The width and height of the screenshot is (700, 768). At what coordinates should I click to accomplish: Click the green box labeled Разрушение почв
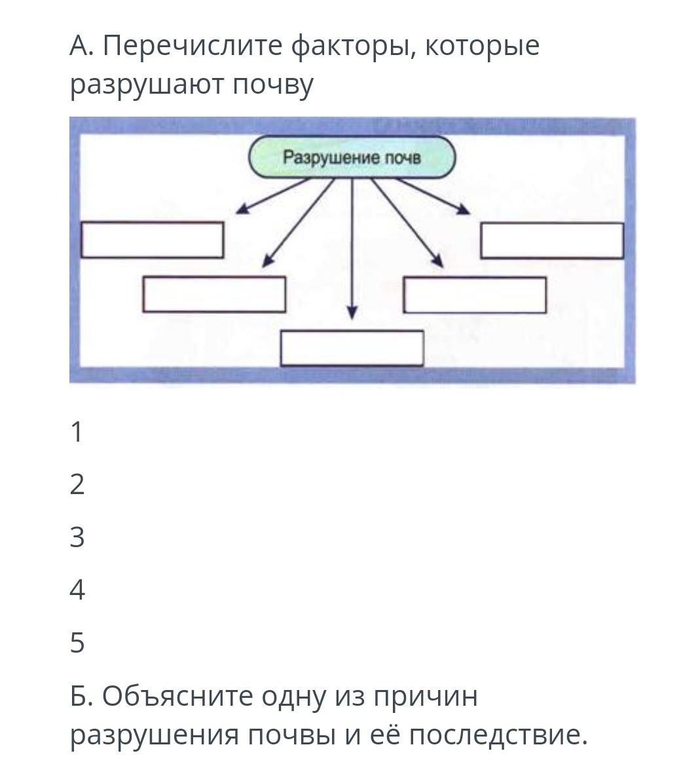pyautogui.click(x=352, y=158)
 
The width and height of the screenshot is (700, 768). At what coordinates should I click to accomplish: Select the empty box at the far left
pyautogui.click(x=152, y=240)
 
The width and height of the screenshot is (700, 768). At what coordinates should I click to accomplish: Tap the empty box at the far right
pyautogui.click(x=551, y=240)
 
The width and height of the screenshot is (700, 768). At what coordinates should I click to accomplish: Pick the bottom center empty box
pyautogui.click(x=352, y=348)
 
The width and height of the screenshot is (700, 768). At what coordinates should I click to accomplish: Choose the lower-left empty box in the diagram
pyautogui.click(x=214, y=294)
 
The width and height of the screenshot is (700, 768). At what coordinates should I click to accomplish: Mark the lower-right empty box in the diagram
pyautogui.click(x=475, y=295)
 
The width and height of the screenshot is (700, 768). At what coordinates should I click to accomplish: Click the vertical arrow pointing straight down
pyautogui.click(x=352, y=249)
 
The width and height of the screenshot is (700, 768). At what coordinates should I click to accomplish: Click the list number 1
pyautogui.click(x=77, y=432)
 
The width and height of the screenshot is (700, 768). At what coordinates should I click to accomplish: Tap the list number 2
pyautogui.click(x=77, y=485)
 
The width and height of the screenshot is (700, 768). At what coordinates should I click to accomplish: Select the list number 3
pyautogui.click(x=77, y=537)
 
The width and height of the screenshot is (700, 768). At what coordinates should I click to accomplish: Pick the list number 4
pyautogui.click(x=77, y=590)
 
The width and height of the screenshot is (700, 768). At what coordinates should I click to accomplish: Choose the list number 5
pyautogui.click(x=77, y=643)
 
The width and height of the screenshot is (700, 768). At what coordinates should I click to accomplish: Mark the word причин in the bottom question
pyautogui.click(x=426, y=697)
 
